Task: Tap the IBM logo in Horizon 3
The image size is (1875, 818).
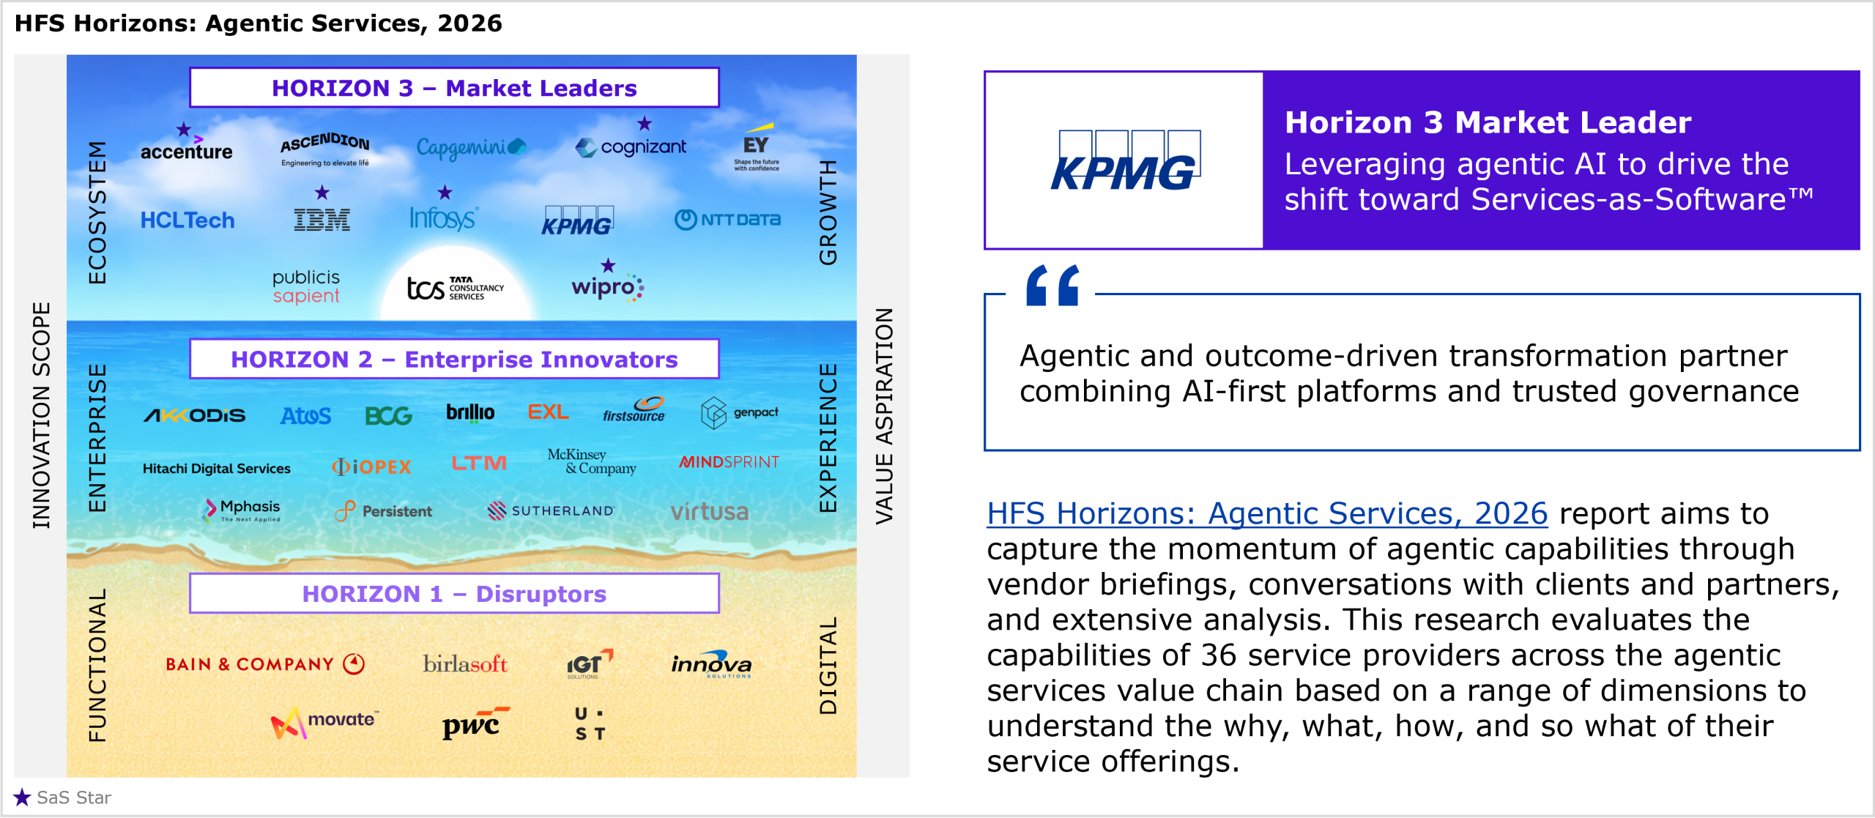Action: (x=322, y=219)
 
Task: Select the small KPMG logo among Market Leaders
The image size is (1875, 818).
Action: (x=577, y=220)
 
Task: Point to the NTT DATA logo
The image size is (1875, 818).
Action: (x=727, y=219)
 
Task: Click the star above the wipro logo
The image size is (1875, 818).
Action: (x=608, y=265)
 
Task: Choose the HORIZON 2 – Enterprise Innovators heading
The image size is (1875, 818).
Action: (x=454, y=359)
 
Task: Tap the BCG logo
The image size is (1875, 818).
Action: (x=388, y=416)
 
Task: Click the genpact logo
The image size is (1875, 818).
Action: (x=740, y=413)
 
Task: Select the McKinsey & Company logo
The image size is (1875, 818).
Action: (x=592, y=461)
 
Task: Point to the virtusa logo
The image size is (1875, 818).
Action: (x=709, y=511)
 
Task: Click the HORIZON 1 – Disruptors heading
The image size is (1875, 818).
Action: (x=454, y=593)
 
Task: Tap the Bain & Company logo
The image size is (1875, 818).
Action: (x=265, y=663)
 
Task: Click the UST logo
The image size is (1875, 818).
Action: (x=590, y=724)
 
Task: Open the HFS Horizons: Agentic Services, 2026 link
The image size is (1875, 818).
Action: (x=1267, y=513)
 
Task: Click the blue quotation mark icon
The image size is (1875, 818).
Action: (x=1053, y=285)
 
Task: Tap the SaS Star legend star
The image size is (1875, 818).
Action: (x=22, y=797)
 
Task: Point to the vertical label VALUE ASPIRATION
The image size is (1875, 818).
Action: (x=884, y=416)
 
